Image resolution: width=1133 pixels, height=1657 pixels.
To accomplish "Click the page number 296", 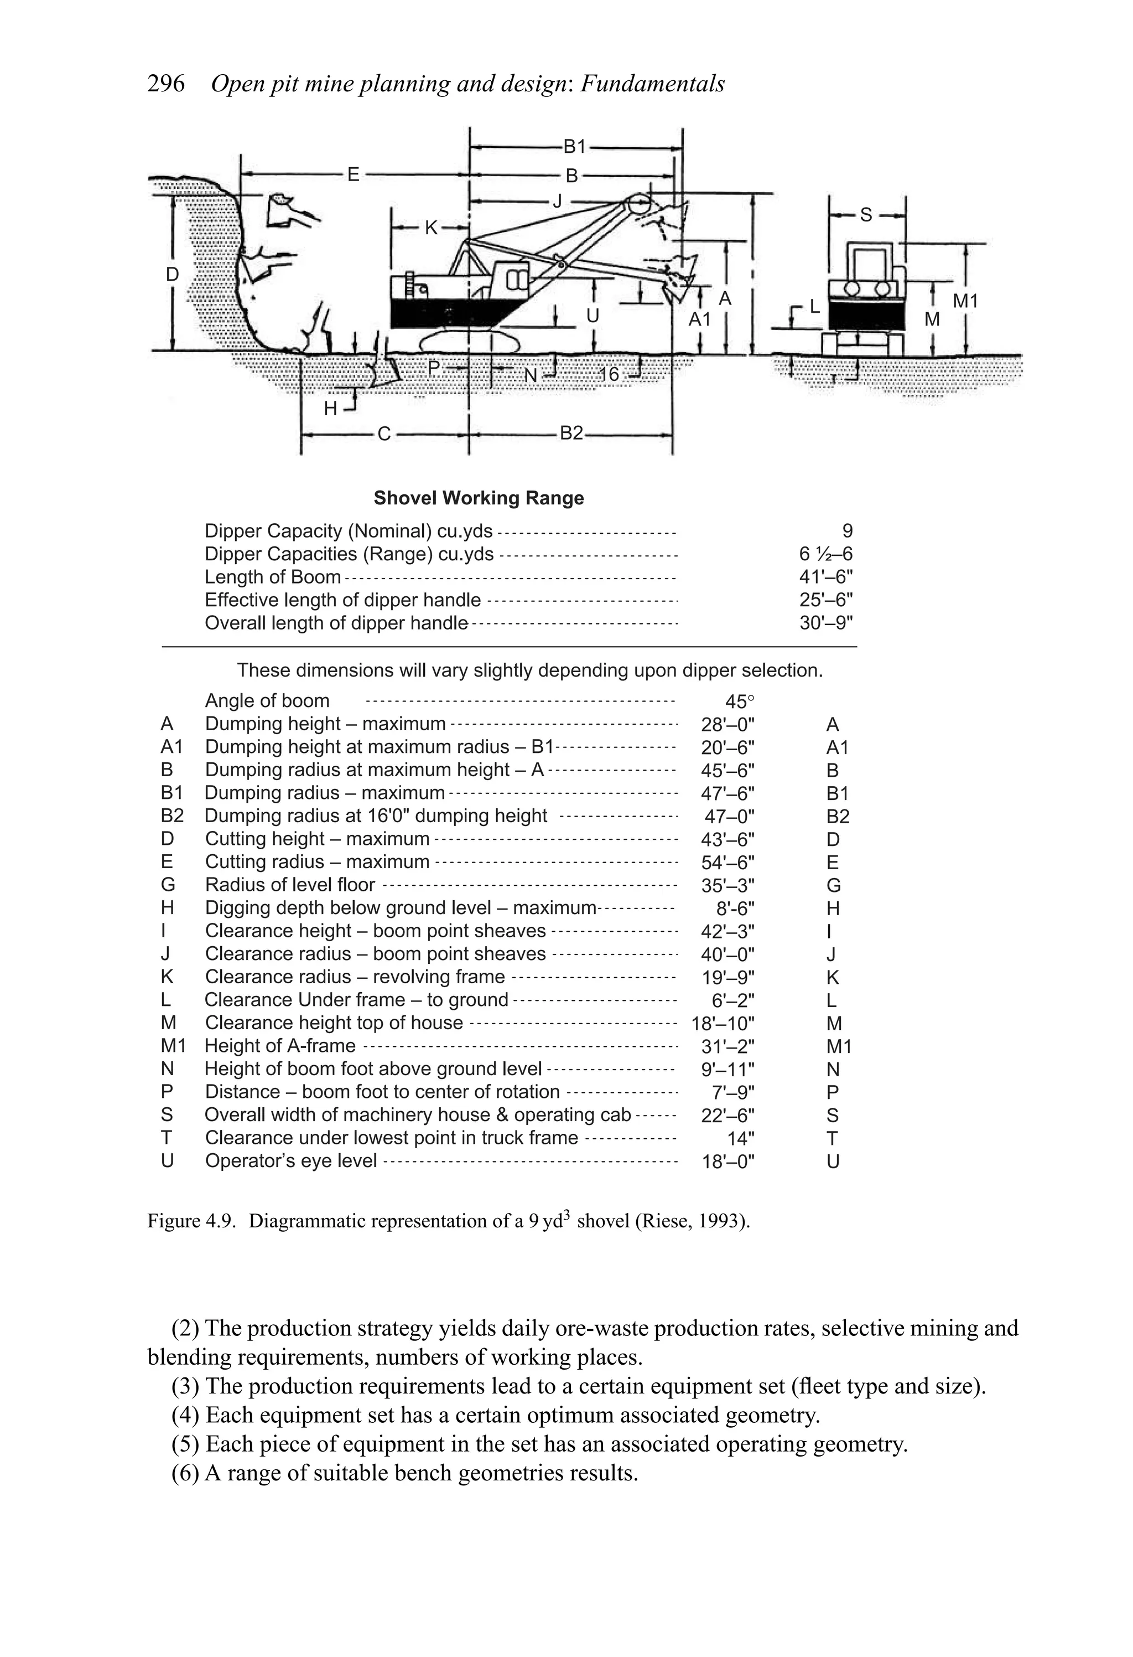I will (x=165, y=84).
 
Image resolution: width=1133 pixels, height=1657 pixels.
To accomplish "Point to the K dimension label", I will (x=431, y=228).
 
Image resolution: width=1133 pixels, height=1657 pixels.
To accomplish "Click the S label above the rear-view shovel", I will (x=866, y=215).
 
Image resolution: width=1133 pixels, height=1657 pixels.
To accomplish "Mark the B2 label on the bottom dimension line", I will (x=571, y=433).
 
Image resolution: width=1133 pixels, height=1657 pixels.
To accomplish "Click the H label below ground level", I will (x=331, y=409).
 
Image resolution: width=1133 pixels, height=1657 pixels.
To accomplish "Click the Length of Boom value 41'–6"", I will (x=826, y=577).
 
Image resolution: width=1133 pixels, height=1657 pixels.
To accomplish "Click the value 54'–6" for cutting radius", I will (x=727, y=863).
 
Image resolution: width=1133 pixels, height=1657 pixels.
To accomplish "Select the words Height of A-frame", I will (x=280, y=1046).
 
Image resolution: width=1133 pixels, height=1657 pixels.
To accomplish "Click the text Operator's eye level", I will (x=291, y=1162).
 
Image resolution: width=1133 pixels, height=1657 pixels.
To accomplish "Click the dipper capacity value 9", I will (x=846, y=531).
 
